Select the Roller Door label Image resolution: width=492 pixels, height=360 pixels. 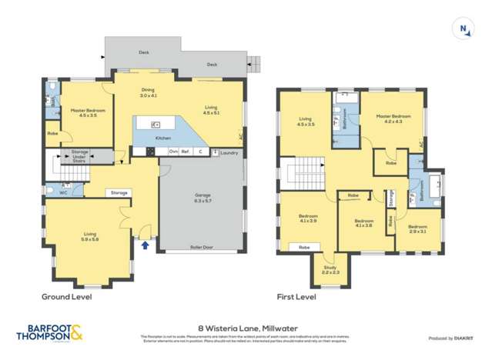tap(202, 248)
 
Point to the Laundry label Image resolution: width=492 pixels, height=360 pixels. tap(228, 152)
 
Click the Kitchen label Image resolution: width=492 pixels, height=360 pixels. tap(162, 138)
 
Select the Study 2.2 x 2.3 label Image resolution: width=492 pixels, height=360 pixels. tap(330, 270)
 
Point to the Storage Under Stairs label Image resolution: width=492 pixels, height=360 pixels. tap(80, 157)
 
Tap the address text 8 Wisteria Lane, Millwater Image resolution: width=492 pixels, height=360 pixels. tap(246, 328)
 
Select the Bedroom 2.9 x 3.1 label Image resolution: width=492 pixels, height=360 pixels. tap(417, 228)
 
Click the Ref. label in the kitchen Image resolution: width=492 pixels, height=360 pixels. tap(186, 152)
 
